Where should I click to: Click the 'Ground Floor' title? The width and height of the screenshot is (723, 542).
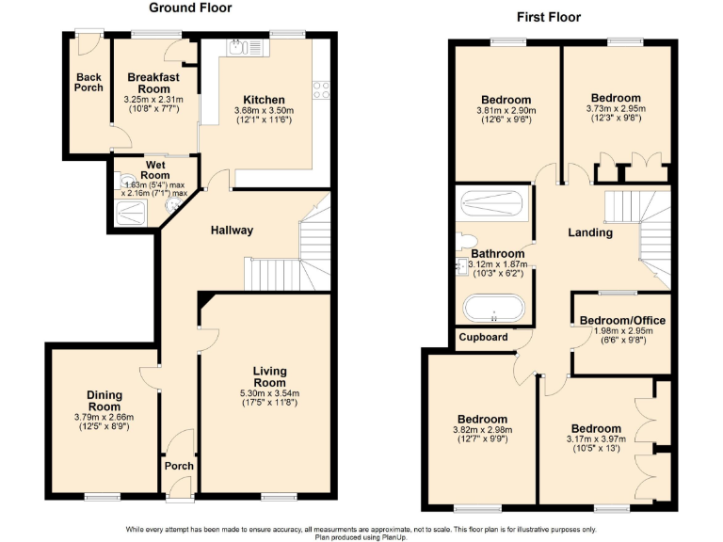(191, 8)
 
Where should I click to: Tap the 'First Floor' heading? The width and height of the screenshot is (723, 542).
(550, 17)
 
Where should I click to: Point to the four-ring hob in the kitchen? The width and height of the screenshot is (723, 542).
(320, 90)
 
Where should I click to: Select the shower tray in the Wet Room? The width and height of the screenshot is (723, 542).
(125, 214)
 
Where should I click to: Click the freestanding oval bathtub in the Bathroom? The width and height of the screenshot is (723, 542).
(493, 309)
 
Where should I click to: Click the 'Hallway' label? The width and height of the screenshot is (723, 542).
(232, 231)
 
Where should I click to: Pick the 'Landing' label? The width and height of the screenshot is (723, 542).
(591, 232)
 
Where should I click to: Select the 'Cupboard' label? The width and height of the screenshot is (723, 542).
(484, 337)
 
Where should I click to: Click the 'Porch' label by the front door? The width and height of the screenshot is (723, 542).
(179, 466)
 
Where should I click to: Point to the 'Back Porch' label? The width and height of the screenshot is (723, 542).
(88, 82)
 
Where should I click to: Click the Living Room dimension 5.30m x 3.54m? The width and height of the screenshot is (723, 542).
(269, 393)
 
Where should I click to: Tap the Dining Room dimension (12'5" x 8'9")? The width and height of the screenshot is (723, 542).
(104, 427)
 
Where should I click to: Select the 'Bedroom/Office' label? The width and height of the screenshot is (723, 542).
(621, 320)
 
